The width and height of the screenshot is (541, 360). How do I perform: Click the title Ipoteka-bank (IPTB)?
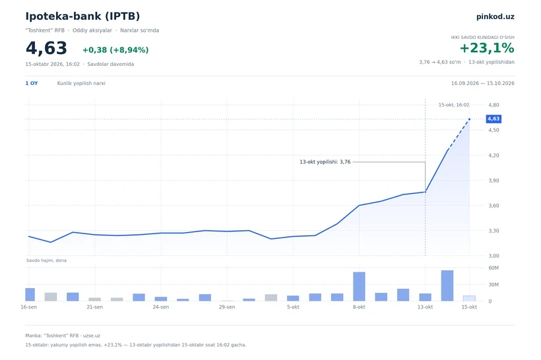(x=82, y=16)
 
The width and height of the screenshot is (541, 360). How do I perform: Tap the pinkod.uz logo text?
(x=495, y=16)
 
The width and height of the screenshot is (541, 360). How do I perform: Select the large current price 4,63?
(x=46, y=48)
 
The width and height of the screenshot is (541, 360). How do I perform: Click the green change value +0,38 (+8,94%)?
(x=115, y=50)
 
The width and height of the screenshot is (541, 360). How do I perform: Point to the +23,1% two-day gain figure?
(x=487, y=48)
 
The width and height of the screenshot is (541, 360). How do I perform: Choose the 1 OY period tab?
(x=32, y=83)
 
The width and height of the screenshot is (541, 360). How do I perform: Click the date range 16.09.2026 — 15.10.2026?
(x=483, y=83)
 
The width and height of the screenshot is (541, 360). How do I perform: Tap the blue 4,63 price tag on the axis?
(x=493, y=119)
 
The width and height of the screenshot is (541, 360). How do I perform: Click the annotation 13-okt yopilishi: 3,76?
(x=325, y=162)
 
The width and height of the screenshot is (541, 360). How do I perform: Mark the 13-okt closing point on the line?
(x=425, y=192)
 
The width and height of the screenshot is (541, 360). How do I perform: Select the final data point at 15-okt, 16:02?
(x=469, y=119)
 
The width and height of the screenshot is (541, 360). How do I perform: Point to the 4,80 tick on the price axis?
(x=493, y=105)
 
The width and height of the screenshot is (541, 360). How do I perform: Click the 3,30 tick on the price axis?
(x=493, y=231)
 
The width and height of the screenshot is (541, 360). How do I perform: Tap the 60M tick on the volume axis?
(x=493, y=268)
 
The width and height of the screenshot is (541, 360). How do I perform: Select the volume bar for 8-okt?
(x=359, y=287)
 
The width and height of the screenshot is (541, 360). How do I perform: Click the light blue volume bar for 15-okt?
(x=469, y=298)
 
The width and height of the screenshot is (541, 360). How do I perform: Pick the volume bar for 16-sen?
(x=29, y=295)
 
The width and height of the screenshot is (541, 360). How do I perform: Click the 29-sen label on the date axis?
(x=227, y=307)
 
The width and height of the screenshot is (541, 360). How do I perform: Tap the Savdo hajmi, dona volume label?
(x=46, y=260)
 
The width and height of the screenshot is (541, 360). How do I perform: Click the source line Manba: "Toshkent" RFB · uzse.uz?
(x=63, y=336)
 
